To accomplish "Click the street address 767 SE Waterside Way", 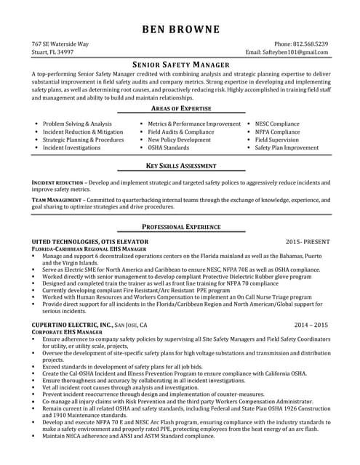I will pyautogui.click(x=60, y=44).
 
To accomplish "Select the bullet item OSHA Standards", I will pyautogui.click(x=169, y=147).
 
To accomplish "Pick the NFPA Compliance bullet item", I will pyautogui.click(x=277, y=132).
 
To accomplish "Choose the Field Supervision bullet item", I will pyautogui.click(x=277, y=139).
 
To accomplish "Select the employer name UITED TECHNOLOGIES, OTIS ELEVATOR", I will pyautogui.click(x=90, y=241).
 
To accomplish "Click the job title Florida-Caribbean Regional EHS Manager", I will pyautogui.click(x=89, y=248).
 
